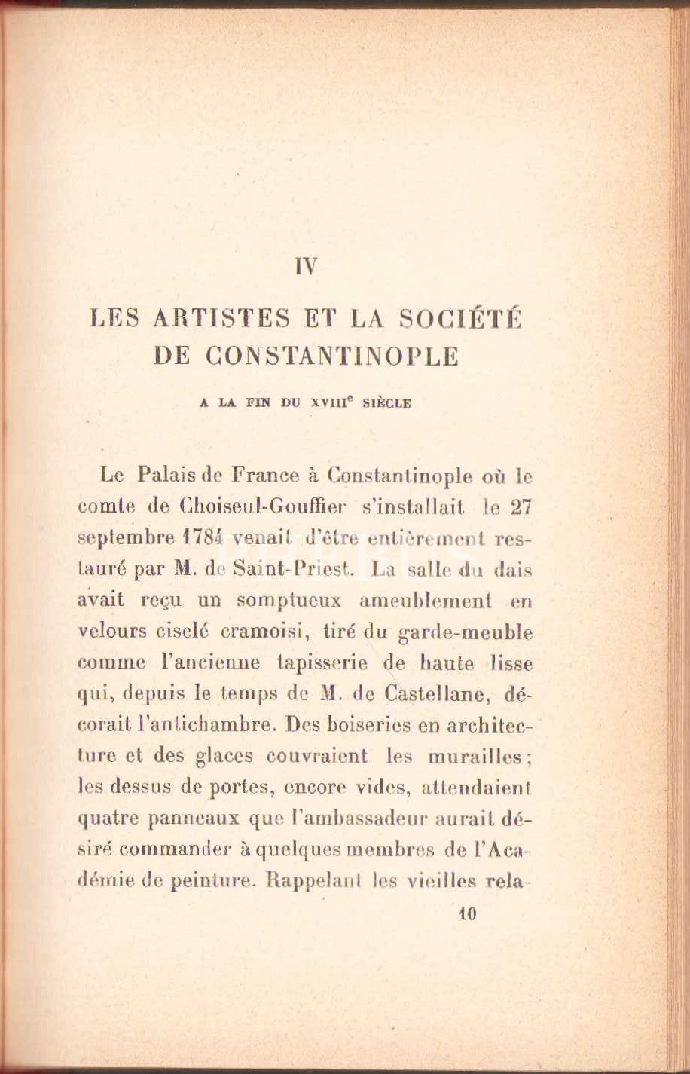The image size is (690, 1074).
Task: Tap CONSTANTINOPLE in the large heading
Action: click(x=331, y=356)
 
